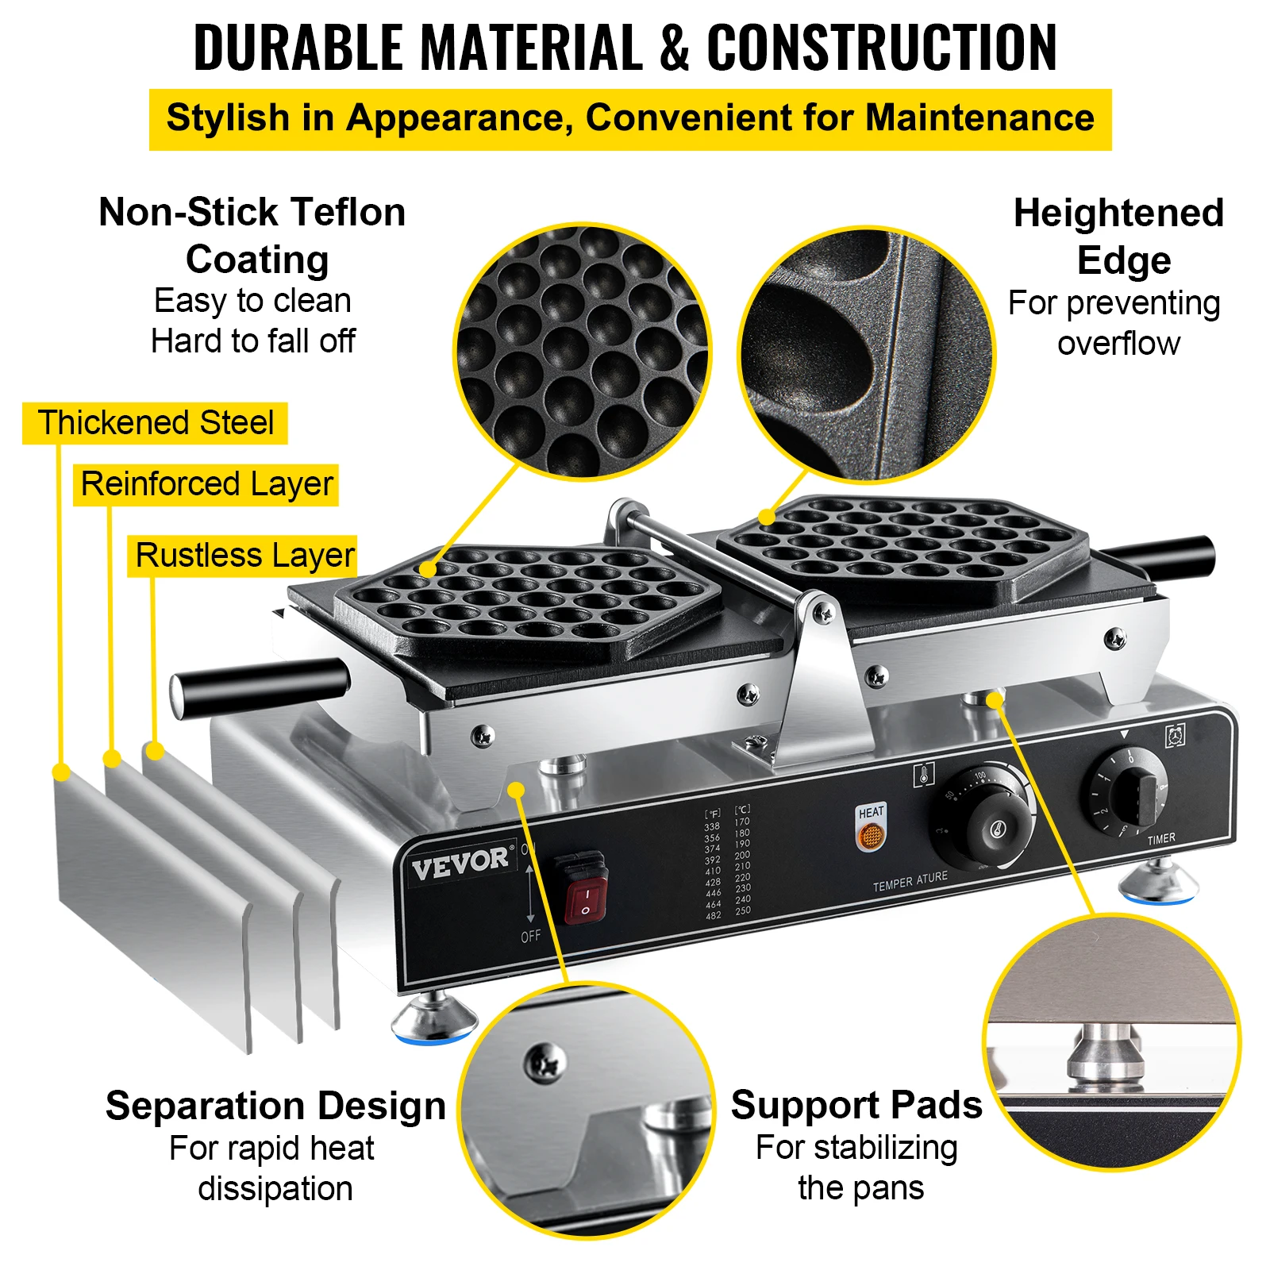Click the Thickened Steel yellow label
(x=156, y=423)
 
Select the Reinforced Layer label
(x=206, y=484)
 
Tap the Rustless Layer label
(x=244, y=556)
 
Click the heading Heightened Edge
(x=1119, y=237)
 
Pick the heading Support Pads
(x=856, y=1105)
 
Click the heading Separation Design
(x=275, y=1106)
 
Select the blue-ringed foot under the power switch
(x=434, y=1021)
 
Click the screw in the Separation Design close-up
(x=545, y=1062)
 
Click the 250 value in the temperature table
(x=743, y=911)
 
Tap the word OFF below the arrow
(x=530, y=937)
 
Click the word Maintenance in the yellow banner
(x=980, y=118)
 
